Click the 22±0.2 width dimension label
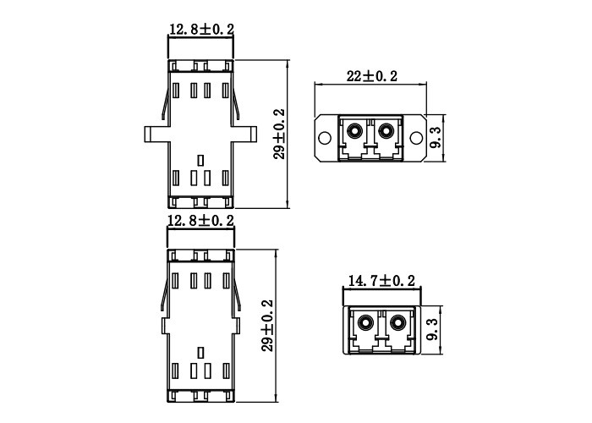[372, 76]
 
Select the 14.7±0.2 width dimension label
[381, 280]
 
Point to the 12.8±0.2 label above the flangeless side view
[201, 221]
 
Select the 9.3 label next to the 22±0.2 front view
[435, 135]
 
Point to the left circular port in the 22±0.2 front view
[354, 131]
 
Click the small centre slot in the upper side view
[200, 159]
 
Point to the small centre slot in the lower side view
[200, 351]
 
